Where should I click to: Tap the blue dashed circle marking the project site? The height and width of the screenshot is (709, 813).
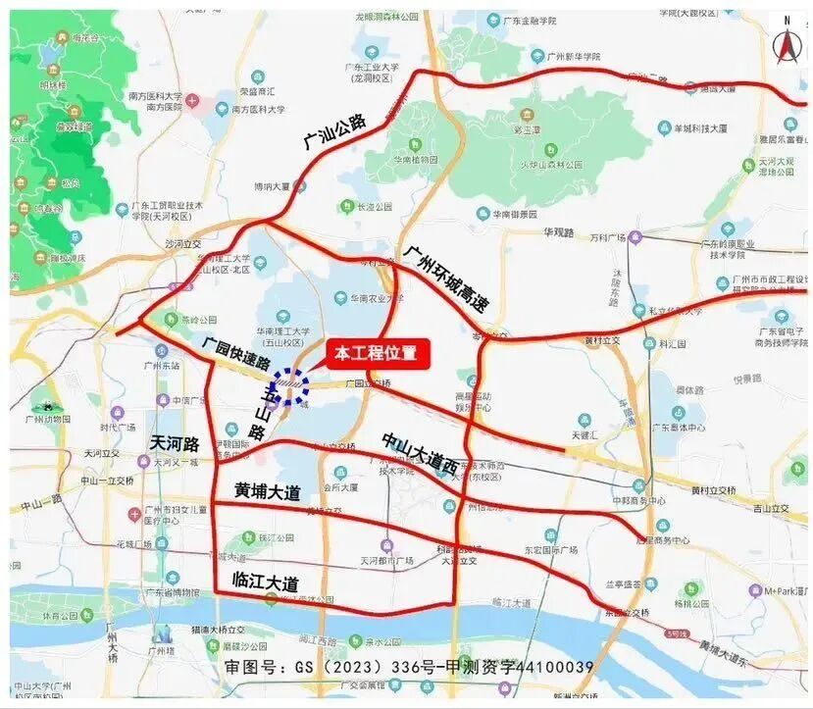[x=290, y=386]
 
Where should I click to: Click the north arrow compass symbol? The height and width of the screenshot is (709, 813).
[x=785, y=43]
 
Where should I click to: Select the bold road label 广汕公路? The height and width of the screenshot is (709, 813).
[x=333, y=131]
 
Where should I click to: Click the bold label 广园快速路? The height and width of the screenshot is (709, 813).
[x=236, y=357]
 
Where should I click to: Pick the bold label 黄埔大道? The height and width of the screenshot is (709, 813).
[x=267, y=489]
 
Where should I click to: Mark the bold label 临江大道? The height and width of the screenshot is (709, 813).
[x=264, y=582]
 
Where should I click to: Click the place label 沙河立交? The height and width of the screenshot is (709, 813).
[x=182, y=243]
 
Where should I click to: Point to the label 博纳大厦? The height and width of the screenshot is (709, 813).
[x=272, y=185]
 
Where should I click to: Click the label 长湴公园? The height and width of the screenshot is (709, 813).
[x=374, y=207]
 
